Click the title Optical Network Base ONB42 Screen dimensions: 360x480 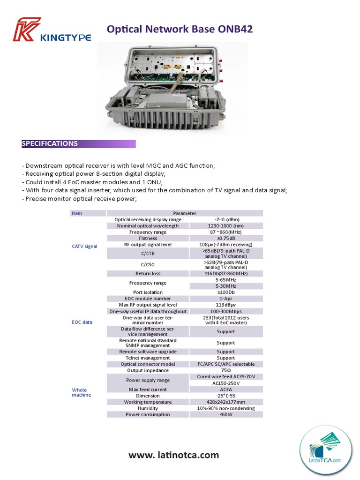[x=180, y=29]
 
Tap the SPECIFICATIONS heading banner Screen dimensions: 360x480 [x=78, y=144]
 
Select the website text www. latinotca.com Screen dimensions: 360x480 [x=174, y=455]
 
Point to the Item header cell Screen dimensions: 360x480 [x=77, y=213]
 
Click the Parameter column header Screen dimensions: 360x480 [x=185, y=213]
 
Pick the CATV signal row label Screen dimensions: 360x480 [x=85, y=246]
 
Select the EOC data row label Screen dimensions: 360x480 [x=82, y=322]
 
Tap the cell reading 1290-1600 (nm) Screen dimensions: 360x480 [x=226, y=226]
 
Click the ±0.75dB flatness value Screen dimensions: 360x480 [x=226, y=238]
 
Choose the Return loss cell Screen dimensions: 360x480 [x=148, y=274]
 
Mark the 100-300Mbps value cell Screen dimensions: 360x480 [x=226, y=311]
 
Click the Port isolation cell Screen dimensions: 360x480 [x=148, y=292]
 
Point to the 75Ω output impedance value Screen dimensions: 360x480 [x=226, y=370]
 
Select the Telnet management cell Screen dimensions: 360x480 [x=148, y=358]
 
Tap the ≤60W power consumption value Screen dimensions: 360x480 [x=226, y=414]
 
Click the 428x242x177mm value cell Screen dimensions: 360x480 [x=226, y=402]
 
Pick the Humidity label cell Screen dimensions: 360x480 [x=148, y=408]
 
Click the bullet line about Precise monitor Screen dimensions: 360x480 [x=79, y=199]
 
